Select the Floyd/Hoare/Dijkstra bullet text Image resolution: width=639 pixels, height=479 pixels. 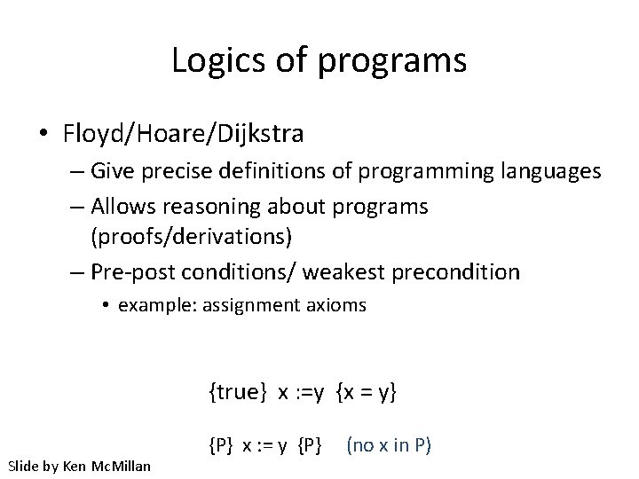(184, 135)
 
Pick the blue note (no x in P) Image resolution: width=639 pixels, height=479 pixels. (389, 444)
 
